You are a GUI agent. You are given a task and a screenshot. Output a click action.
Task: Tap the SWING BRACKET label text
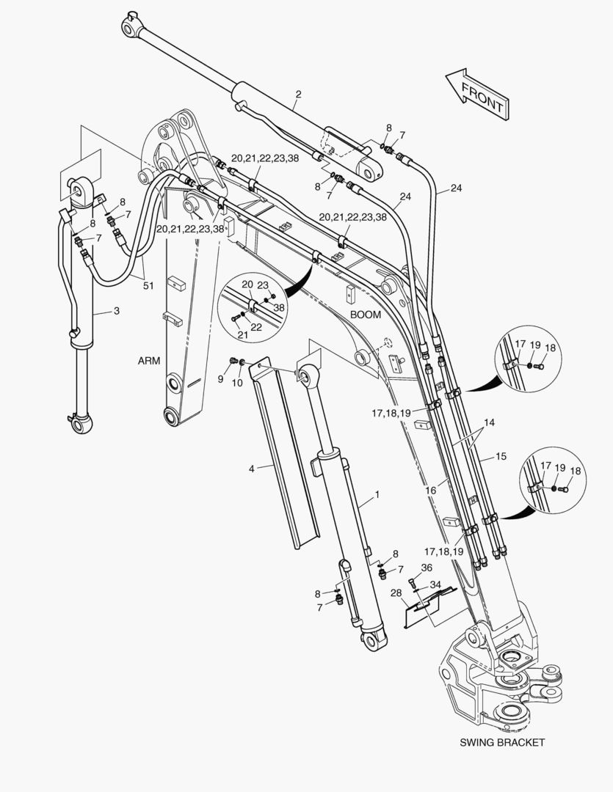point(502,742)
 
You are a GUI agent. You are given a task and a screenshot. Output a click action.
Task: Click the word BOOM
point(365,314)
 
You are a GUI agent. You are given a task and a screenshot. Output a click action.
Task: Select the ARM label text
point(148,361)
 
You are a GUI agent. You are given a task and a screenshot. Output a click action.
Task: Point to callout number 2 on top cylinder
point(298,94)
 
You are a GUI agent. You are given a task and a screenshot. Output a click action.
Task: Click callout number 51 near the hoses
point(148,286)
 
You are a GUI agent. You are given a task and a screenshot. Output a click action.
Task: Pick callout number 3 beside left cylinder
point(116,312)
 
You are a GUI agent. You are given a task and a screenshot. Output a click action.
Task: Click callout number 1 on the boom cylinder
point(377,495)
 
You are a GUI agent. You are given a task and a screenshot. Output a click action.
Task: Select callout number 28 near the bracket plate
point(396,593)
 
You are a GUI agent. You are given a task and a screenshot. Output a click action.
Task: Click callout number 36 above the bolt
point(427,567)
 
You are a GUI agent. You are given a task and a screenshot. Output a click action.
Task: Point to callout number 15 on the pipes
point(501,456)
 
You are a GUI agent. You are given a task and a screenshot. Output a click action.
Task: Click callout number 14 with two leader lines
point(489,423)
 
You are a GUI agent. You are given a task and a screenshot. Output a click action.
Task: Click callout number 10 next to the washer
point(236,383)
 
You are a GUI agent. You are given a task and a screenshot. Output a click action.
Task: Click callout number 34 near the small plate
point(435,584)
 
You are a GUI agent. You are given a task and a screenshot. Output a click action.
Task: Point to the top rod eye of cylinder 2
point(130,26)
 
